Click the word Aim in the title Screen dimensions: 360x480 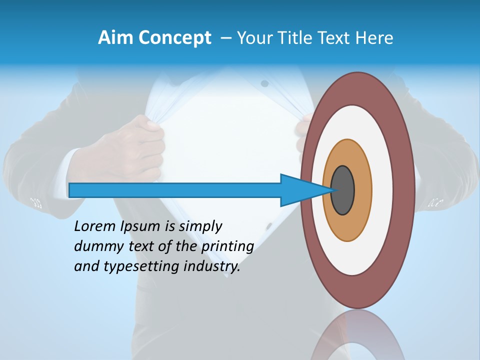click(116, 38)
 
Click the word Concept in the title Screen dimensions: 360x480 click(174, 38)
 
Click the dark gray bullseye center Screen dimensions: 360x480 click(343, 190)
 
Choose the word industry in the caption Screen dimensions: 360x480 click(212, 266)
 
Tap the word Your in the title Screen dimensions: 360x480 click(255, 38)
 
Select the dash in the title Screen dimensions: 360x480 click(225, 38)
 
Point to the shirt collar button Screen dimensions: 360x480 click(264, 83)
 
